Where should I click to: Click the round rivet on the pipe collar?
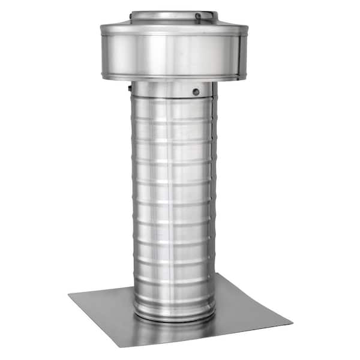click(x=196, y=92)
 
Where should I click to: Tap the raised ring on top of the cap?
click(x=171, y=14)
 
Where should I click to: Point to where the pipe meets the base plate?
click(x=174, y=317)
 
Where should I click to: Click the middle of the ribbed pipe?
click(x=173, y=198)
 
